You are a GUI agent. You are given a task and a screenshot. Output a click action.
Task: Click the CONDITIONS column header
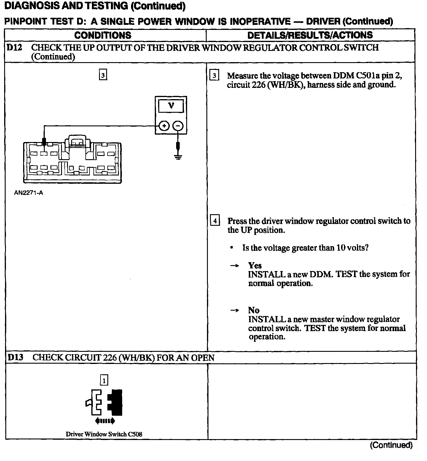[x=103, y=35]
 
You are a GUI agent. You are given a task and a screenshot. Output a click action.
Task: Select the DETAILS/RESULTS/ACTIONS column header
[x=310, y=35]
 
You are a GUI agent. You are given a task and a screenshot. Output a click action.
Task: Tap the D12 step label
[x=14, y=47]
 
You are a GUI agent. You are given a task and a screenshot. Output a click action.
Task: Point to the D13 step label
[x=15, y=357]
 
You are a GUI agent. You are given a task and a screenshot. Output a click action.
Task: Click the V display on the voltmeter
[x=171, y=106]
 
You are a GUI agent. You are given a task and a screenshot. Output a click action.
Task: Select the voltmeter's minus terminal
[x=178, y=126]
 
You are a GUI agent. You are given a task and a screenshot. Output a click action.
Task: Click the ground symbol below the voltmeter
[x=178, y=157]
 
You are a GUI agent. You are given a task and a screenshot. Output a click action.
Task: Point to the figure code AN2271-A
[x=28, y=193]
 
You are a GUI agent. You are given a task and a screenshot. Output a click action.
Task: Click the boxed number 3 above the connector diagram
[x=103, y=75]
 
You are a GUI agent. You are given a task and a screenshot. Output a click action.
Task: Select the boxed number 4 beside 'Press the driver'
[x=215, y=221]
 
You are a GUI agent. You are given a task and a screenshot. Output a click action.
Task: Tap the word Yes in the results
[x=255, y=265]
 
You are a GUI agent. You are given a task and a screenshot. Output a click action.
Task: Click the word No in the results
[x=254, y=310]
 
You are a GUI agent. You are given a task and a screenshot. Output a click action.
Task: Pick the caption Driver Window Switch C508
[x=104, y=434]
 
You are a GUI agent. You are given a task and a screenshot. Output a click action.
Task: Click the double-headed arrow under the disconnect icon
[x=105, y=421]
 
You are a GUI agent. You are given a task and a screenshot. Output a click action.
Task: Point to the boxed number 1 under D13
[x=104, y=380]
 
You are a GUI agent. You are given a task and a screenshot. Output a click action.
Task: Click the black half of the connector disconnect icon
[x=116, y=402]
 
